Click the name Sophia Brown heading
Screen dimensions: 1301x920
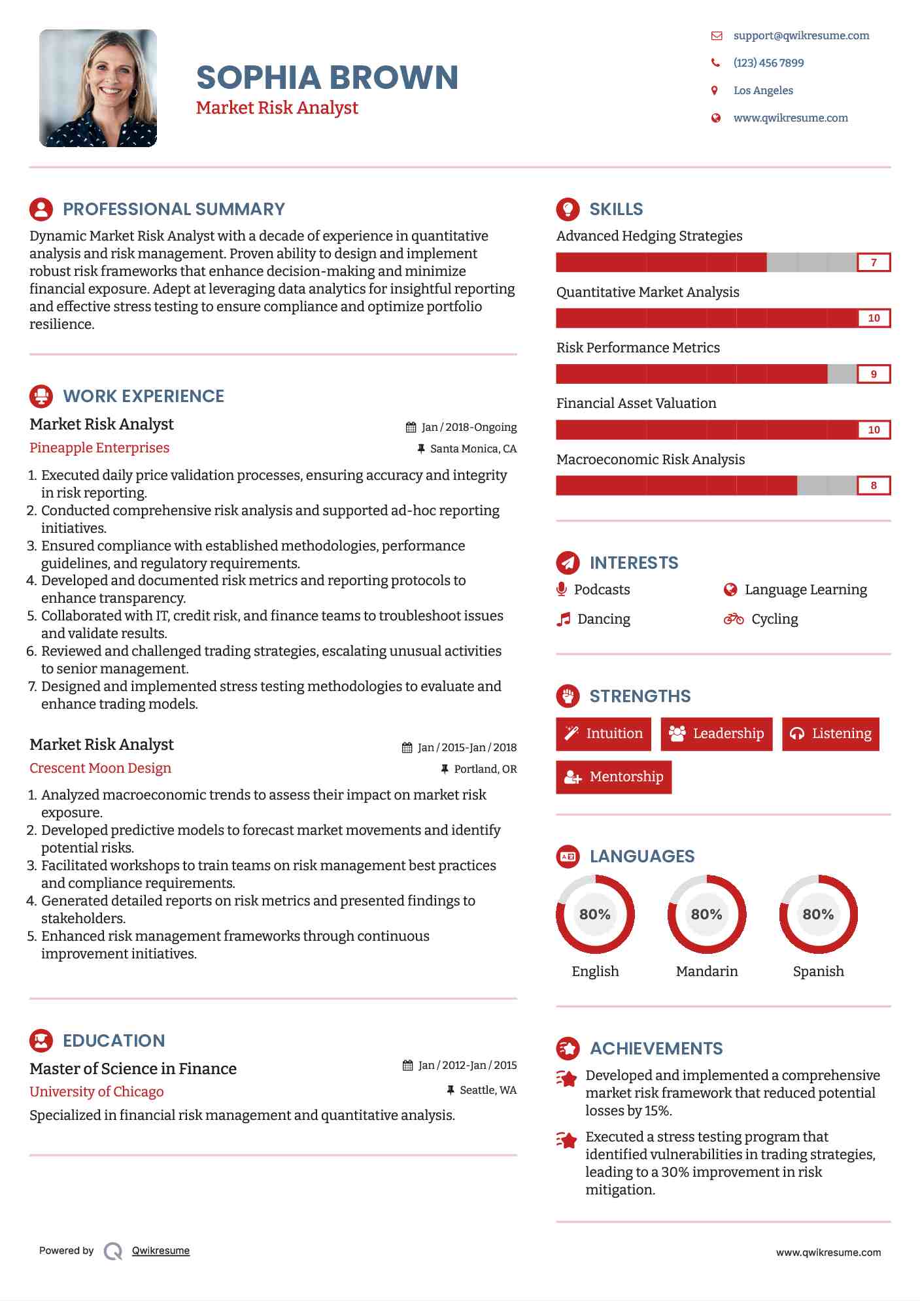327,77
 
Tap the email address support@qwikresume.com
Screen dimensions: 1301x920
801,35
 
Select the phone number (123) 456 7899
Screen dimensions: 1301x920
768,63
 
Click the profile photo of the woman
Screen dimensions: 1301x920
98,88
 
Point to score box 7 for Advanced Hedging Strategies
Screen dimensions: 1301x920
874,263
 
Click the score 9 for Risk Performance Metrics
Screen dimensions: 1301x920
874,374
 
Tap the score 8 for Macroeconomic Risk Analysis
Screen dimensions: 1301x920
874,486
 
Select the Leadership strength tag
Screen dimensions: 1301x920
716,734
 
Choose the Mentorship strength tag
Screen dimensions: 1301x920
613,777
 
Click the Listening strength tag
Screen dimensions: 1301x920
830,734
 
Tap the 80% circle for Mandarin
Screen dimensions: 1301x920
706,914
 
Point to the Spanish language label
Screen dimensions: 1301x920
818,972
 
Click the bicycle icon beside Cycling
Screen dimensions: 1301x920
733,618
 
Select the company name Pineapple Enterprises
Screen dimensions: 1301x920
99,448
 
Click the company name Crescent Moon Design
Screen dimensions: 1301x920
100,768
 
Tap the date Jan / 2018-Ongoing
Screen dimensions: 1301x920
468,427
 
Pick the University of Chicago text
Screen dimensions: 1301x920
97,1092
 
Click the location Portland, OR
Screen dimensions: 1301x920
485,769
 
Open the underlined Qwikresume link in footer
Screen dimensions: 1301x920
161,1251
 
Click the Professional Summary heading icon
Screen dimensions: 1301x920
41,209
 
